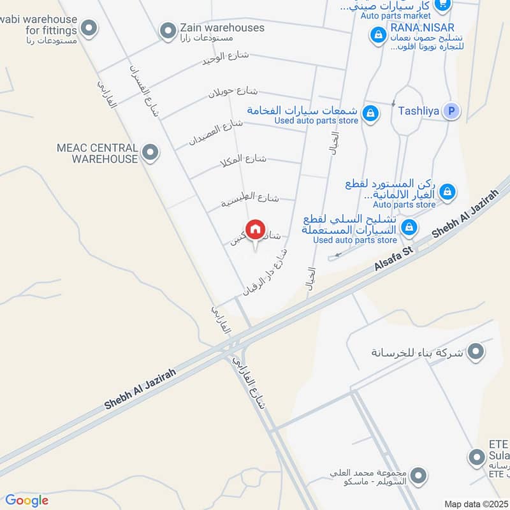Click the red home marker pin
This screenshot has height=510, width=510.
pyautogui.click(x=255, y=229)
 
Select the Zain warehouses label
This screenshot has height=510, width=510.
pyautogui.click(x=213, y=27)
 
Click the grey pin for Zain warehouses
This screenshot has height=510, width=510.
pyautogui.click(x=168, y=29)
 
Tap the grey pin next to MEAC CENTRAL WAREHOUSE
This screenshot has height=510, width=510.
pyautogui.click(x=150, y=152)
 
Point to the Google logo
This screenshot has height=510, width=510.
pyautogui.click(x=27, y=500)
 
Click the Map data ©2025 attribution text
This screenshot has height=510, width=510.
pyautogui.click(x=475, y=504)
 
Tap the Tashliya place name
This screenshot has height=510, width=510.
pyautogui.click(x=418, y=111)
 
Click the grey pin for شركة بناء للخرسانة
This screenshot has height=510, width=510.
pyautogui.click(x=476, y=351)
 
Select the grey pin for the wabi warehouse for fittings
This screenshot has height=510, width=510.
pyautogui.click(x=90, y=27)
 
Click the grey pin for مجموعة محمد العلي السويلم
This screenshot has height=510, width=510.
pyautogui.click(x=418, y=475)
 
